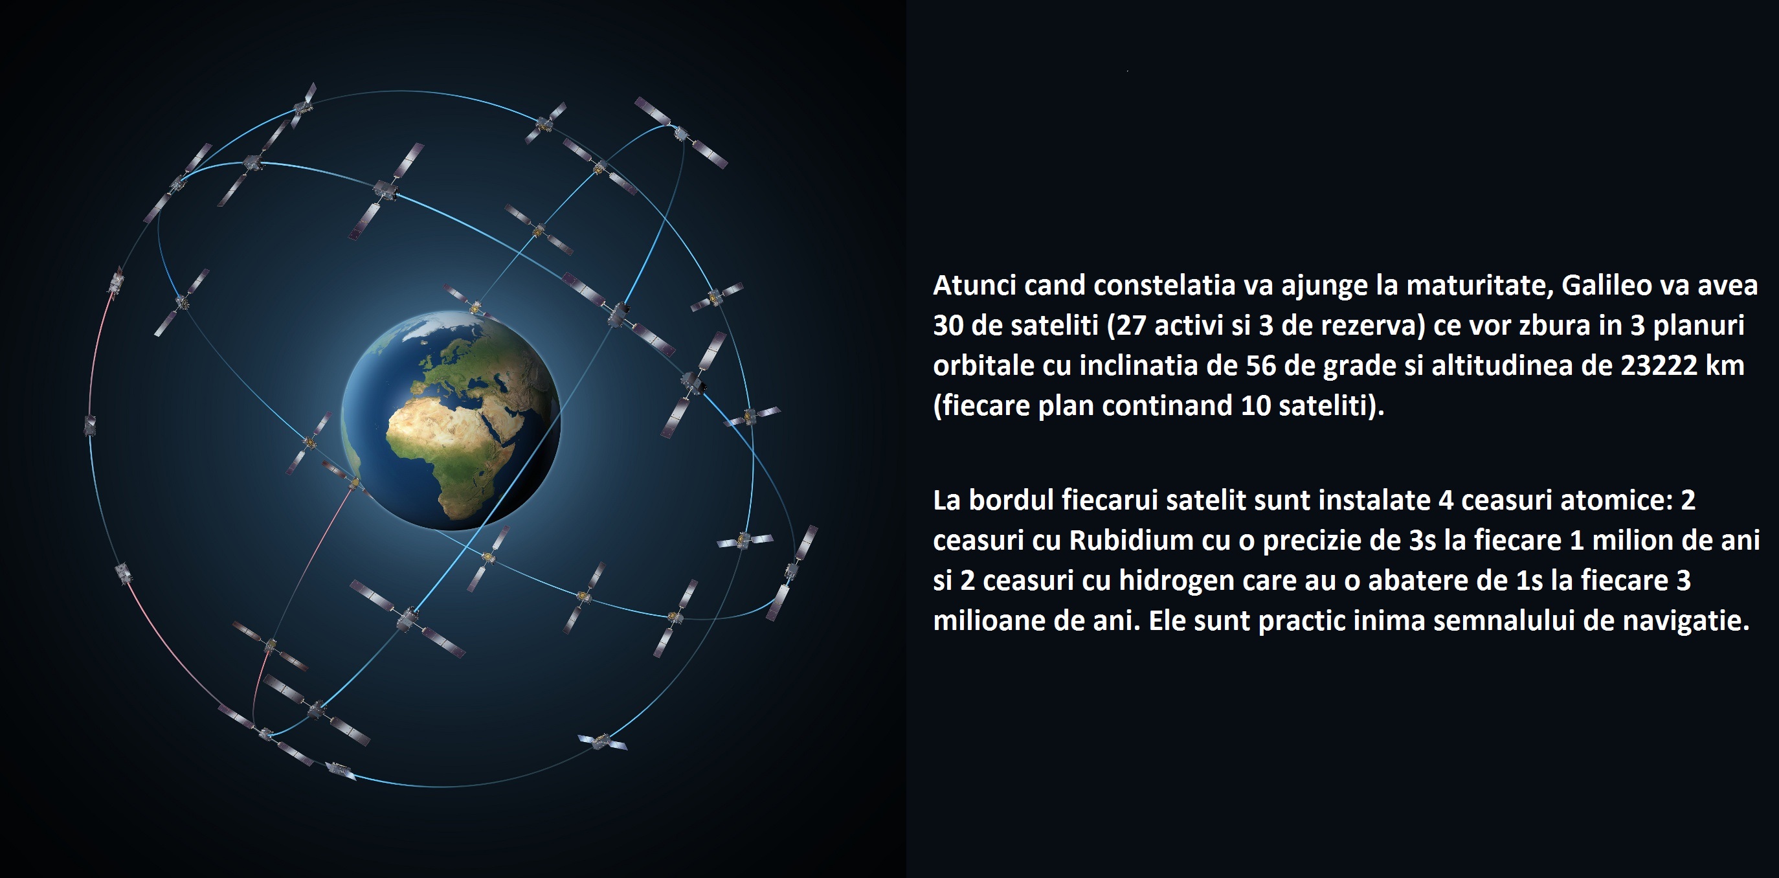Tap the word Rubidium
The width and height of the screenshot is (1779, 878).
click(x=1131, y=540)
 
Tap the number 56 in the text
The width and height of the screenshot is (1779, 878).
click(x=1260, y=365)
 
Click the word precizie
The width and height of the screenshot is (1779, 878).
click(x=1312, y=540)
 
